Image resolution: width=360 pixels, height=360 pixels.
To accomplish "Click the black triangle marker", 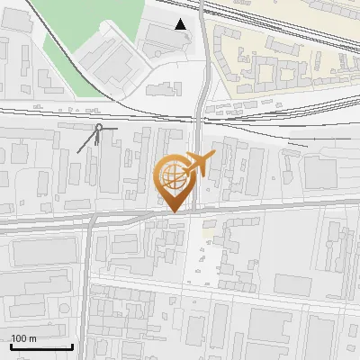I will click(182, 24).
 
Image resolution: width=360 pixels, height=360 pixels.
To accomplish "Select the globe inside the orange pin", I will click(172, 175).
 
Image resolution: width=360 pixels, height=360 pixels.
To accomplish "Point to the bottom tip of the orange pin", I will click(173, 211).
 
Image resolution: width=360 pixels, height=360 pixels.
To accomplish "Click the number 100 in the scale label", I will click(19, 338).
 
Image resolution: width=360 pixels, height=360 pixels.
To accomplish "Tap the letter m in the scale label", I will click(32, 338).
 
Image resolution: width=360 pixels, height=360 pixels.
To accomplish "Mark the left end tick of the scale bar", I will click(10, 346).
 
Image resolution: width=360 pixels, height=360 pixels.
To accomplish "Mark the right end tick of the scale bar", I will click(72, 346).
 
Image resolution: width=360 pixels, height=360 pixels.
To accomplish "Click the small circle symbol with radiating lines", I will click(98, 128).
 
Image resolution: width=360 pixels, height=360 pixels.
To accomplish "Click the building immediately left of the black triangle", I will click(160, 36).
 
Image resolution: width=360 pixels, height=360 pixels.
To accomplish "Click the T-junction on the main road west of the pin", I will click(91, 221).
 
